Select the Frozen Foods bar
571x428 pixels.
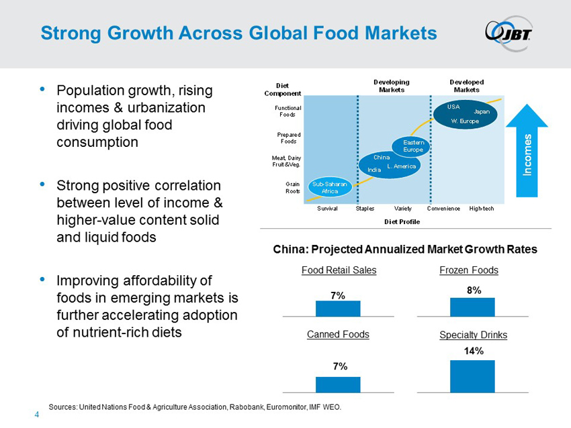pos(472,307)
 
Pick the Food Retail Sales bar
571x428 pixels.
pos(338,308)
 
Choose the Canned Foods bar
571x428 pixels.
pos(338,384)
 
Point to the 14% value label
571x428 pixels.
pos(472,351)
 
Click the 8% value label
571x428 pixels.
pos(472,289)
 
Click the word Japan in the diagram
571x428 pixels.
pos(482,111)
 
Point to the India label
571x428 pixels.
pos(374,170)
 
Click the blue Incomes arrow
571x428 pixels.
pos(527,154)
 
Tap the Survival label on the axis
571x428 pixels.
pos(327,209)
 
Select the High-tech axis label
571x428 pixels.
pos(482,209)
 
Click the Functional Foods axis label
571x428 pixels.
pos(288,111)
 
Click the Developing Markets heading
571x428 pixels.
pos(391,86)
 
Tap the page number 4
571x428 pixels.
pos(37,415)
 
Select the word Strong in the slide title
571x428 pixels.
pos(69,33)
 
